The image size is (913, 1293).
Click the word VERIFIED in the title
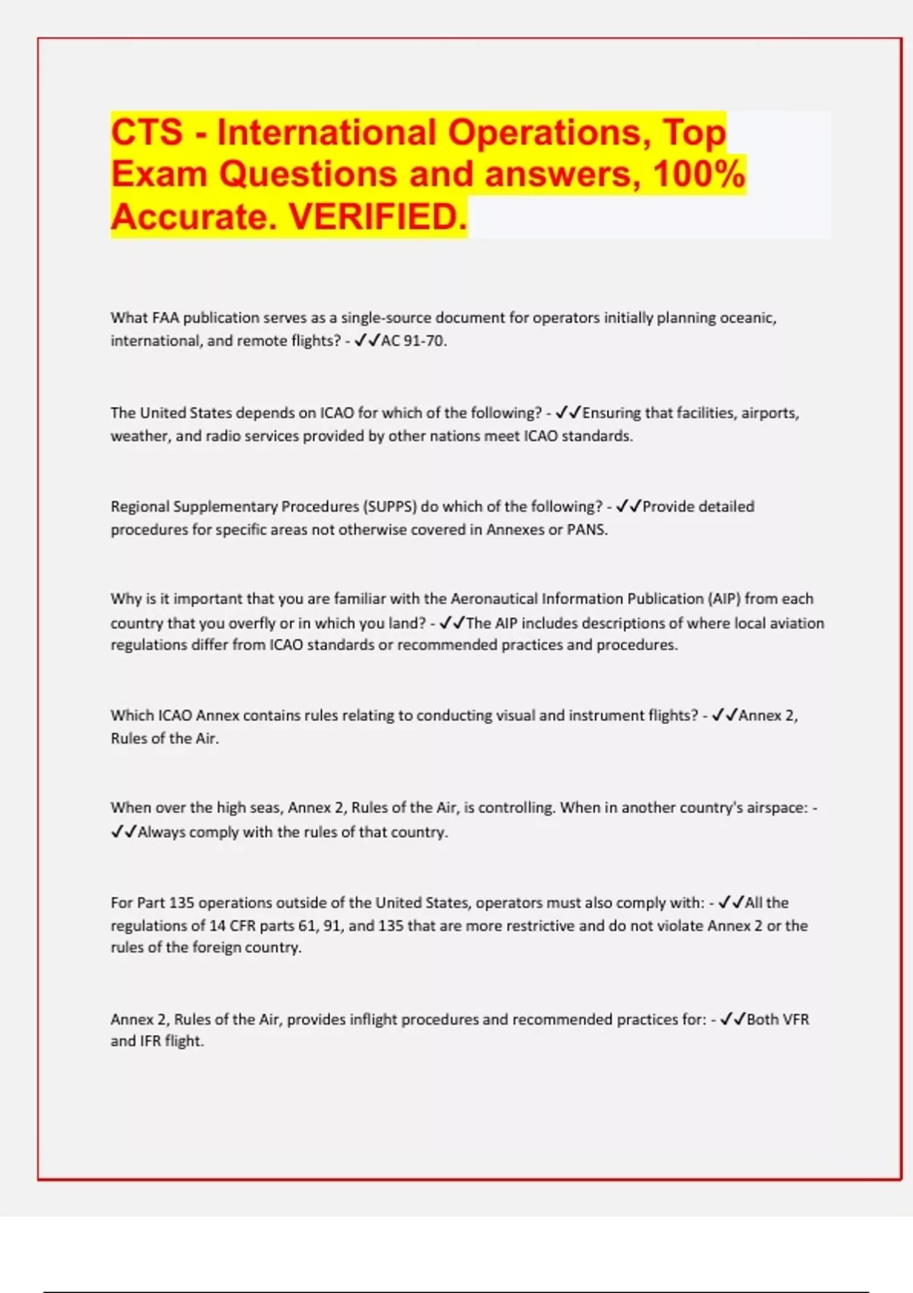pos(378,217)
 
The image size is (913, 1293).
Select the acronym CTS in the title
pos(147,132)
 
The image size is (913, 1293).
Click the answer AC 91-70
pos(413,341)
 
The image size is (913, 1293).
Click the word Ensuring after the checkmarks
pos(612,413)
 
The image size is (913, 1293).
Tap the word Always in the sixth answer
pos(161,832)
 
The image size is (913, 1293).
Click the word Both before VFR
pos(762,1019)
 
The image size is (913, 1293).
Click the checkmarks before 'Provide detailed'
pos(628,507)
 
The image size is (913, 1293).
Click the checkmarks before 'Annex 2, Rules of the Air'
pos(724,716)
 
